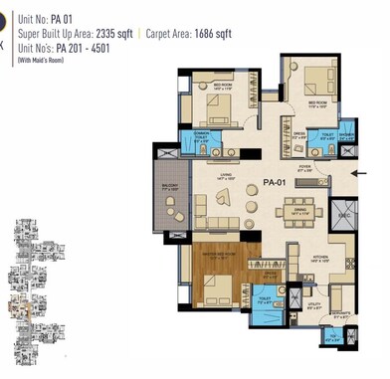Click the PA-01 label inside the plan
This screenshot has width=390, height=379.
(x=277, y=183)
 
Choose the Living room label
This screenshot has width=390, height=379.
(x=226, y=178)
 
